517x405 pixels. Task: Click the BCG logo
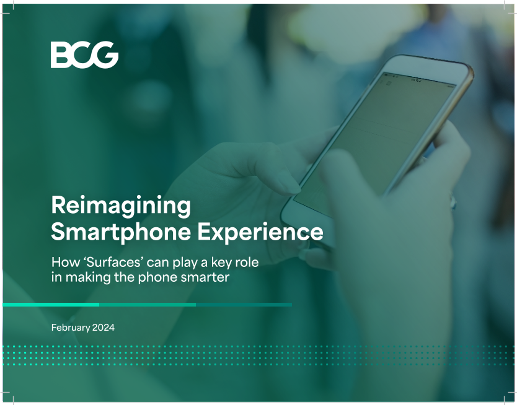pyautogui.click(x=84, y=55)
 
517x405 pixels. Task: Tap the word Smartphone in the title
pyautogui.click(x=121, y=232)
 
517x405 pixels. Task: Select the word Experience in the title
pyautogui.click(x=260, y=232)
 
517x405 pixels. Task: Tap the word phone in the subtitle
pyautogui.click(x=157, y=278)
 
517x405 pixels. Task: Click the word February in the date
pyautogui.click(x=71, y=328)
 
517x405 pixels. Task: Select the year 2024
pyautogui.click(x=104, y=328)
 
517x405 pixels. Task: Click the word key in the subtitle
pyautogui.click(x=222, y=263)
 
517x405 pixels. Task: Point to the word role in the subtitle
pyautogui.click(x=247, y=263)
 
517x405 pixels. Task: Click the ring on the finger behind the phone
pyautogui.click(x=453, y=201)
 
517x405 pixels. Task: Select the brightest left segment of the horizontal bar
pyautogui.click(x=51, y=305)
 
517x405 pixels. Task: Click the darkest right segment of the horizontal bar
pyautogui.click(x=244, y=305)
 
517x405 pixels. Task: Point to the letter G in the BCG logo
pyautogui.click(x=106, y=55)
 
